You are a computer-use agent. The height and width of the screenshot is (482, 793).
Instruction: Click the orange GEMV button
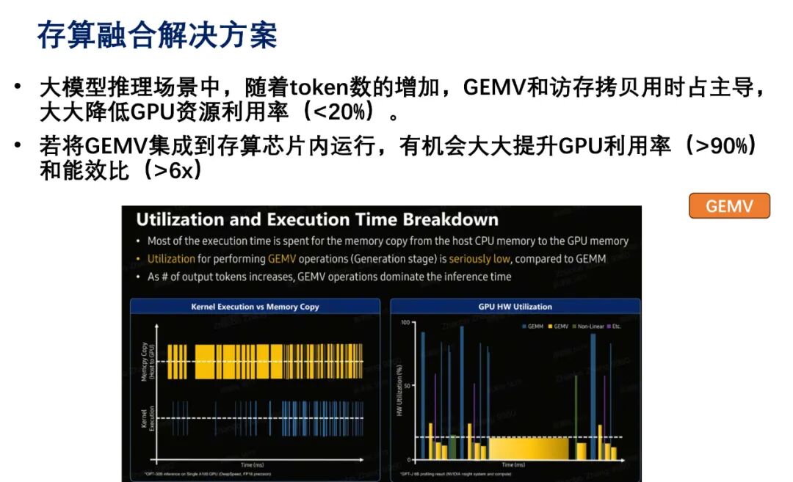(729, 206)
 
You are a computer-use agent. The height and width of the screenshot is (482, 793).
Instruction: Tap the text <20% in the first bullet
(343, 113)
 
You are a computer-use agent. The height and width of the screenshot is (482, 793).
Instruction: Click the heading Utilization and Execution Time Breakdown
(317, 219)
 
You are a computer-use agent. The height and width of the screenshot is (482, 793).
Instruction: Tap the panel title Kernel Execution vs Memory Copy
(255, 307)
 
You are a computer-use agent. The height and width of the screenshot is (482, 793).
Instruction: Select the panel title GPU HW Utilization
(515, 307)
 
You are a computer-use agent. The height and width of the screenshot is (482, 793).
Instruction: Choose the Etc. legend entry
(614, 326)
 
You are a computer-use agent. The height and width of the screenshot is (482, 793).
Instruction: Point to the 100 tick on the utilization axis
(405, 323)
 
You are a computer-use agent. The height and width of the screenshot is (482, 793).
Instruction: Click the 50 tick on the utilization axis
(406, 385)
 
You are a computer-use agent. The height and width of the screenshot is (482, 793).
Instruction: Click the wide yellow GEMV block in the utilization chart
(528, 448)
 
